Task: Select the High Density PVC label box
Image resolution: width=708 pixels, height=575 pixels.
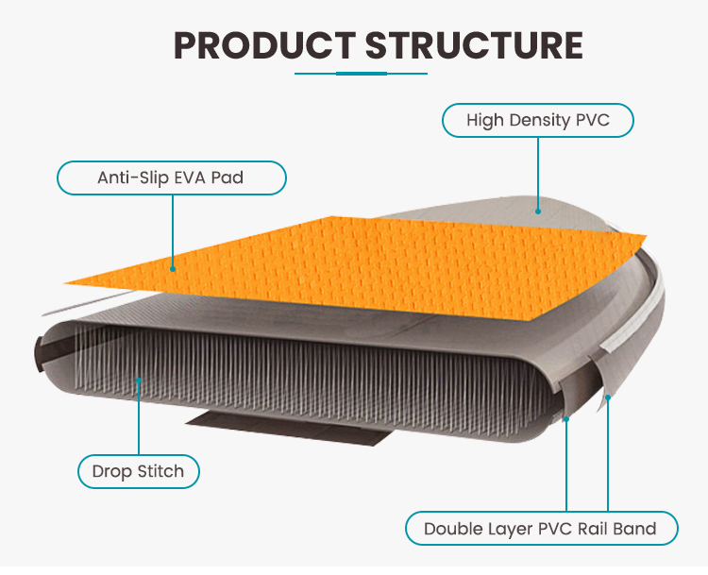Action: tap(538, 121)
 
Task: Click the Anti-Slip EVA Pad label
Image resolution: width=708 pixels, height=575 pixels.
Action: tap(171, 178)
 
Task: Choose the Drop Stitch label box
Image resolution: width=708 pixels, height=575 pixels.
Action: tap(138, 471)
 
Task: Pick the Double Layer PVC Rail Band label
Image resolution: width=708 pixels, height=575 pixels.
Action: tap(541, 529)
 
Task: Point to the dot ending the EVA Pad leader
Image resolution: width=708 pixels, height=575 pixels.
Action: tap(173, 267)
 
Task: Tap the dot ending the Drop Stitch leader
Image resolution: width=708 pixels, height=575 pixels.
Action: tap(139, 381)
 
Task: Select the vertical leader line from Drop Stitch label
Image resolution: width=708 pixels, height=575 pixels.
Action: tap(139, 420)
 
